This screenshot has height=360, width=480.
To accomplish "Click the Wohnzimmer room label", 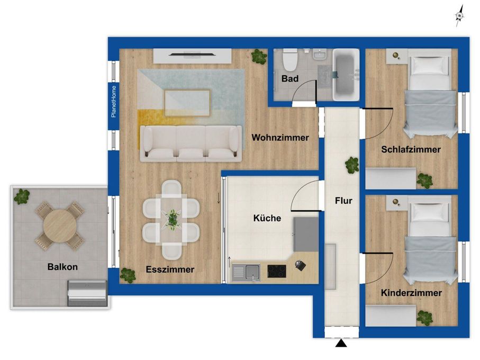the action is coord(280,138).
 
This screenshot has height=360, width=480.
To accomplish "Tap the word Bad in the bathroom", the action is coord(290,79).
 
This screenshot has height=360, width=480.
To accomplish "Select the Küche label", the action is coord(267,218).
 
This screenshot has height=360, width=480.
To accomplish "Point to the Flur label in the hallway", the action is coord(343,201).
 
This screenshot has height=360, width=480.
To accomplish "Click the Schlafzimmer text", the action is coord(411,149).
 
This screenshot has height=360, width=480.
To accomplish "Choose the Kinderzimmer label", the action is coord(411,293).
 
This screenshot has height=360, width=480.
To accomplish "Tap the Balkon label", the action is coord(62,267).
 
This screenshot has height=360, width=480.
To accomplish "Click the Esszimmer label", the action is coord(170,269).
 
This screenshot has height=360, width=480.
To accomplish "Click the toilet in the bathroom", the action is coord(290,59).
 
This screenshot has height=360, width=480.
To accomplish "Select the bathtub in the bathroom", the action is coord(346,75).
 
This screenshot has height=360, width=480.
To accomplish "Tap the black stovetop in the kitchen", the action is coord(277,271).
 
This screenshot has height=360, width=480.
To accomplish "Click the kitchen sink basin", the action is coord(252,272).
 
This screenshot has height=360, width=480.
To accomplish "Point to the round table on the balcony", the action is coord(60,226).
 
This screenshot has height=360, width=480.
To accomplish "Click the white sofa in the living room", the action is coord(191,143).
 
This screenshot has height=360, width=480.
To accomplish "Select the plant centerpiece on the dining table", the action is coord(172,219).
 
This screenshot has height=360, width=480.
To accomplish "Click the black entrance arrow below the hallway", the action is coord(341,343).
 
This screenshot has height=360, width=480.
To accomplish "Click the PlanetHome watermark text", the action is coord(114,101).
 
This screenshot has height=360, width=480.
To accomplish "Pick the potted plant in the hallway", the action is coord(352,165).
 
